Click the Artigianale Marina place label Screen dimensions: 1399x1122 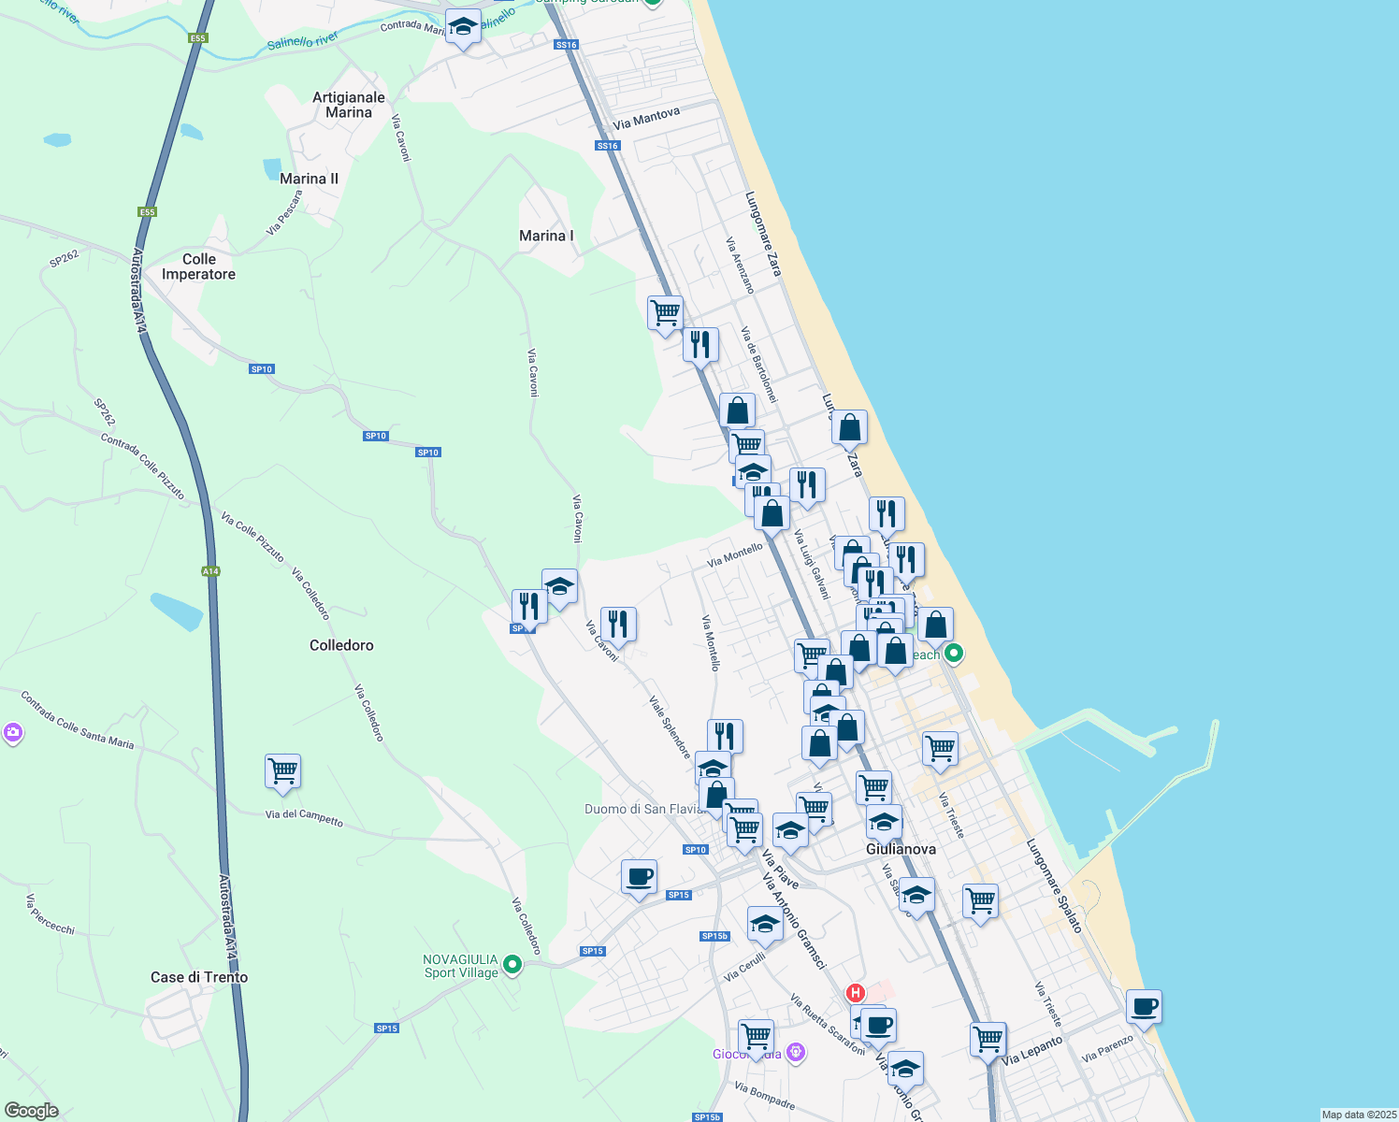(349, 105)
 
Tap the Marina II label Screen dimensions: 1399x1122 (309, 179)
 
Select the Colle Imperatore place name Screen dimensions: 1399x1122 (198, 266)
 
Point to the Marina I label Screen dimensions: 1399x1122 (546, 236)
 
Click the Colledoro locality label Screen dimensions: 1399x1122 (341, 645)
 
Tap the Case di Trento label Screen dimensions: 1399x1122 (199, 977)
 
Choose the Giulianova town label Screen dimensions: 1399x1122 (901, 849)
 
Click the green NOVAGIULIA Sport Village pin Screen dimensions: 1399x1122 (512, 964)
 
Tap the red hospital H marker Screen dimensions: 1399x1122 (855, 993)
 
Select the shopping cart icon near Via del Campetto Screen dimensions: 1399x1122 (282, 772)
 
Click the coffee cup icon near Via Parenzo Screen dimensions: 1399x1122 (1144, 1008)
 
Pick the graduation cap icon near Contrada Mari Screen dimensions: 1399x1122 (462, 28)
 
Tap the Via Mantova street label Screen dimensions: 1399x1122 (646, 119)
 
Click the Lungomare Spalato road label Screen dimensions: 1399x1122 (1054, 885)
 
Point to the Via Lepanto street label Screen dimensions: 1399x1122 (1032, 1050)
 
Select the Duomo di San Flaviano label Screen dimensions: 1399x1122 (643, 809)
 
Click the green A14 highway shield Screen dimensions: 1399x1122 (210, 571)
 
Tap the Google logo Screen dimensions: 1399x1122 (31, 1111)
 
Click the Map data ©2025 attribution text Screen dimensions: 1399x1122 (1358, 1115)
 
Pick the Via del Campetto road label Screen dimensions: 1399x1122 (304, 818)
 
